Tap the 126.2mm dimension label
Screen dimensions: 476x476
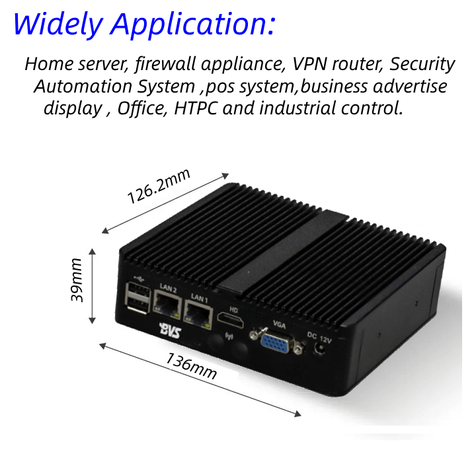[x=159, y=187]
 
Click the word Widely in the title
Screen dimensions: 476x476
[x=58, y=24]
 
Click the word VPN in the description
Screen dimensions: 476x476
[x=311, y=64]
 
